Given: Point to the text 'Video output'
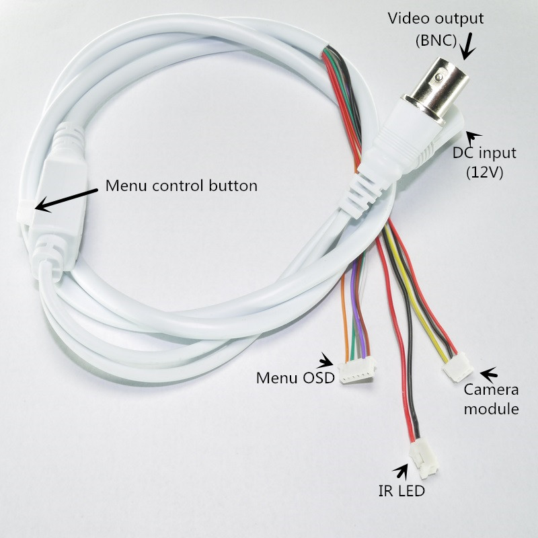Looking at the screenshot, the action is [x=436, y=17].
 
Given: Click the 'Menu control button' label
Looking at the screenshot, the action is [x=182, y=186].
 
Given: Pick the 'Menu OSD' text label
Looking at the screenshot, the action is [x=295, y=378].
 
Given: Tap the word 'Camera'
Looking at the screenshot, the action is [x=492, y=391].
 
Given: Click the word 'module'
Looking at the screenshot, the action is [x=492, y=409].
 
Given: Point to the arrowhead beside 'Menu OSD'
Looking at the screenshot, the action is [x=328, y=360].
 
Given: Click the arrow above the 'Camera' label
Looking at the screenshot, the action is [x=488, y=372].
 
